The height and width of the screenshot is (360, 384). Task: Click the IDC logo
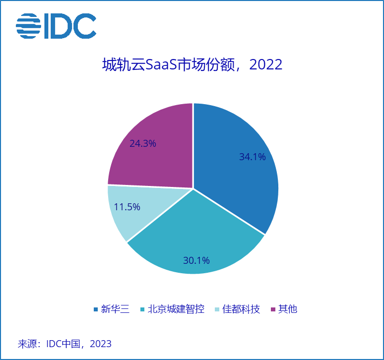56,26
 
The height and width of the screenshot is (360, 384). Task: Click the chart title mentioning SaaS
192,65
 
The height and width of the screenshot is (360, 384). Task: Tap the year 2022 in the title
266,65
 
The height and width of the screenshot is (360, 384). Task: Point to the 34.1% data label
252,157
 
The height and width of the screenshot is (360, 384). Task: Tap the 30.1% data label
196,260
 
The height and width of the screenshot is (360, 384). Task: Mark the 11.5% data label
127,207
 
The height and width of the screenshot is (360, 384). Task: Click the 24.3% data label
143,143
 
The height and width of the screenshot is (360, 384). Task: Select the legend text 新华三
115,309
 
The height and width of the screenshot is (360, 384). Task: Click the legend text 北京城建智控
176,309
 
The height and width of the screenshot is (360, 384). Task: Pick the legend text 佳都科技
241,309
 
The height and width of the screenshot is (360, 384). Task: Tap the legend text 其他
288,309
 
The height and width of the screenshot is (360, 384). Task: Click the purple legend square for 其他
273,309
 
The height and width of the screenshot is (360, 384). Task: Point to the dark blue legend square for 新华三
96,309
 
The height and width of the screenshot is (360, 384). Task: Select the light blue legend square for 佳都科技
217,309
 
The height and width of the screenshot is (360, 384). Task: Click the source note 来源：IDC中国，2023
64,344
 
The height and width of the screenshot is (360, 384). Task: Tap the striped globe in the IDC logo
28,26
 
